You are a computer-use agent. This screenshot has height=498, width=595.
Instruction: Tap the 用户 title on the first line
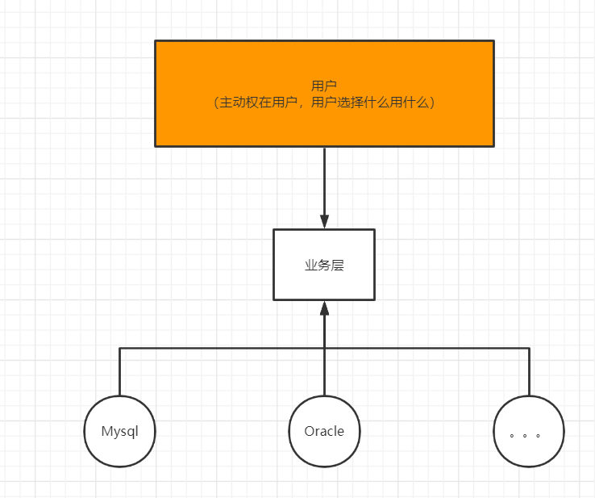[x=324, y=86]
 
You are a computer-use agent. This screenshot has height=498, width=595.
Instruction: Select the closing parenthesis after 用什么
[x=432, y=103]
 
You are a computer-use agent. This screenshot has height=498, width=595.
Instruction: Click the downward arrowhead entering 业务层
[x=324, y=221]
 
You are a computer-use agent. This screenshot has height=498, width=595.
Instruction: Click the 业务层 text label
[x=324, y=265]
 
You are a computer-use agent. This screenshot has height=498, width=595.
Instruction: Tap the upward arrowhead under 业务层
[x=324, y=308]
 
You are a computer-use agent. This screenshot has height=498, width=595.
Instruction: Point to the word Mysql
[x=119, y=431]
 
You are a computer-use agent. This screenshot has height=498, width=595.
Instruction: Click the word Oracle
[x=324, y=431]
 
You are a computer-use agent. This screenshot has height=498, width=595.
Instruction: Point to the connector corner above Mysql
[x=119, y=348]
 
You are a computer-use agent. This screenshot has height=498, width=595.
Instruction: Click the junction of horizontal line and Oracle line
[x=324, y=348]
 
